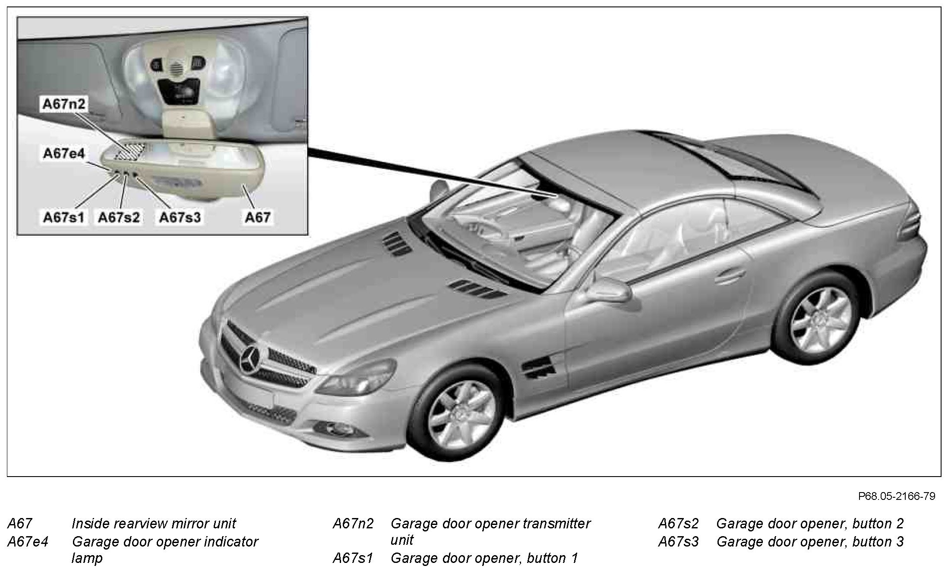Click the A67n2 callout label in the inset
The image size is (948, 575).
click(64, 104)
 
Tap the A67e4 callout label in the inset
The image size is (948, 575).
click(64, 153)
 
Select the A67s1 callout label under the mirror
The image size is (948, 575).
click(63, 217)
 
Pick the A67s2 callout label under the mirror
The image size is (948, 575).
click(119, 217)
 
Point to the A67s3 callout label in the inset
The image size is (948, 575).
click(180, 217)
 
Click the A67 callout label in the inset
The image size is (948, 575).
click(258, 217)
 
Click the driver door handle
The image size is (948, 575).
click(729, 276)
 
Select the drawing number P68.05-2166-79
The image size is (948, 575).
click(896, 496)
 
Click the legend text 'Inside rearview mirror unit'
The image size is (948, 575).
click(154, 524)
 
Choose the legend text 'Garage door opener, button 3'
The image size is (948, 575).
click(810, 542)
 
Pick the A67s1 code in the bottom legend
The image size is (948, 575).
click(352, 558)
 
